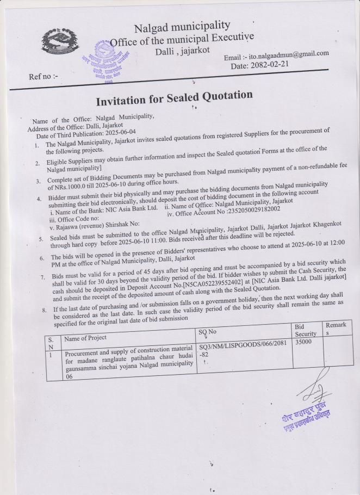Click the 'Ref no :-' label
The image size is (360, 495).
44,77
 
